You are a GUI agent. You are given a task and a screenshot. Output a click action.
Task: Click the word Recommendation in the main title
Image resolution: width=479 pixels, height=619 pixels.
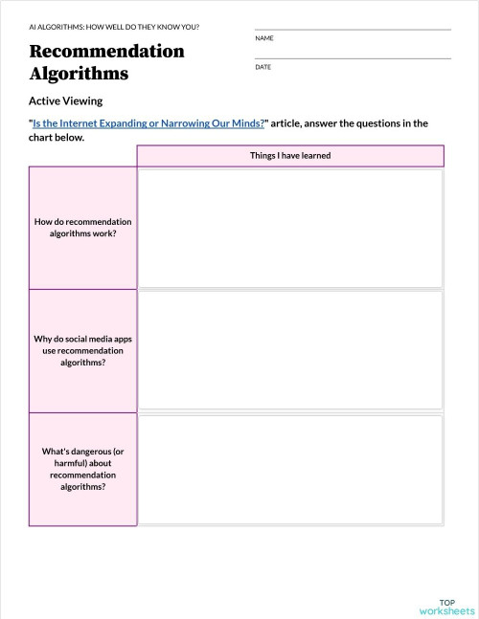click(106, 51)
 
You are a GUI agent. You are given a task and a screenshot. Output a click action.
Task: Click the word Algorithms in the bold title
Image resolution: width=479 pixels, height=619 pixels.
click(79, 73)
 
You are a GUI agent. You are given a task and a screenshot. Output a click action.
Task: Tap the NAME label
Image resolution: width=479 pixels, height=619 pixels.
click(264, 37)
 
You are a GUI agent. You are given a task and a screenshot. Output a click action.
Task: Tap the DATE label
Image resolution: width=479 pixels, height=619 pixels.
click(263, 67)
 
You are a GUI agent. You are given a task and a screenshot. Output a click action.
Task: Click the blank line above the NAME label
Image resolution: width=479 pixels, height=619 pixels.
click(353, 29)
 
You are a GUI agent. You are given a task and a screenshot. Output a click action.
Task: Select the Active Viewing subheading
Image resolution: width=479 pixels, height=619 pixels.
click(65, 100)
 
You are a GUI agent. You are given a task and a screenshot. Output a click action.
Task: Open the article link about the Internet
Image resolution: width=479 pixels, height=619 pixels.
click(148, 122)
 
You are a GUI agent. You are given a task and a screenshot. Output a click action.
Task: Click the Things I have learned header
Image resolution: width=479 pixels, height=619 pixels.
click(290, 156)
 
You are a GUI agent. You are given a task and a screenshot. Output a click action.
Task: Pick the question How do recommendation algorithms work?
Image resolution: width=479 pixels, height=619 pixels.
click(82, 227)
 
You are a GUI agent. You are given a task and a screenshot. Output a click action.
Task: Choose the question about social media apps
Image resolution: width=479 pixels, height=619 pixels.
click(82, 350)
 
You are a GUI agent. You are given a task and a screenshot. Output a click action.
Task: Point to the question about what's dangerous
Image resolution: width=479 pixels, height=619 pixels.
click(82, 469)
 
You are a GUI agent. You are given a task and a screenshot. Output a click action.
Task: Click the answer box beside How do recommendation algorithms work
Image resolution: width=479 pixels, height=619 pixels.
click(290, 228)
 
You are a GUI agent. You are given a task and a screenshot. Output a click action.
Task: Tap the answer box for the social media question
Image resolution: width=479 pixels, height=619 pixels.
click(290, 350)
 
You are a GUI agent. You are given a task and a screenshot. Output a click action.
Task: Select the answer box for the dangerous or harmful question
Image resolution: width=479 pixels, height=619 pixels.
click(290, 469)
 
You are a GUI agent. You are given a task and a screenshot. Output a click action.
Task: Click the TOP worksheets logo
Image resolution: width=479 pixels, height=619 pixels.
click(446, 606)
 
